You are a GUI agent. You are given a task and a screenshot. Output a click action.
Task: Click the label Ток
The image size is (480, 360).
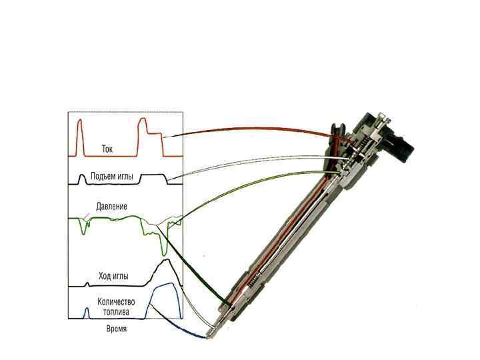107,149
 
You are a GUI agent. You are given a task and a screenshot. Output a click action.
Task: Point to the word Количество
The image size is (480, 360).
117,301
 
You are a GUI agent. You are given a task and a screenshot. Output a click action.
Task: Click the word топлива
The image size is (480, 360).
116,311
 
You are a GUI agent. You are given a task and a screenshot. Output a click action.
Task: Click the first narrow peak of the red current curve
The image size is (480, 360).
80,121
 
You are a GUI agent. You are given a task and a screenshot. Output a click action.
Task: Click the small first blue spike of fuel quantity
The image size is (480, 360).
86,310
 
